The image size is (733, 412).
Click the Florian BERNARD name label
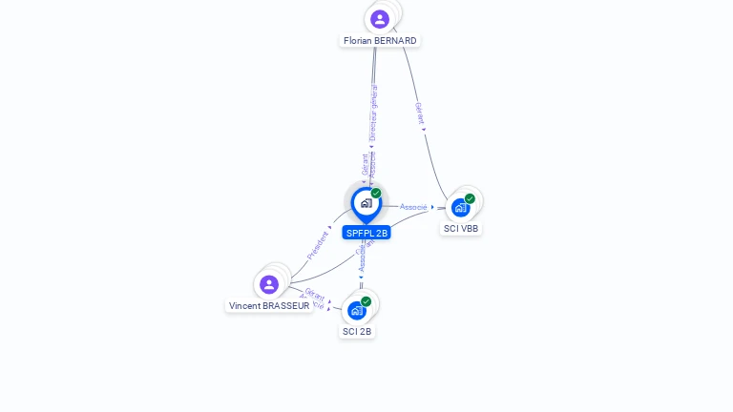pos(380,41)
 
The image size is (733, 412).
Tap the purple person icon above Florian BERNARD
pos(380,19)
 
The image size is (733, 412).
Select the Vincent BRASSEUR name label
pos(269,306)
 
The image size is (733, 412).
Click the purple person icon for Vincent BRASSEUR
pos(269,284)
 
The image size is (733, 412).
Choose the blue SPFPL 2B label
pos(367,233)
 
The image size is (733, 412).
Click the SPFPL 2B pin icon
pos(366,203)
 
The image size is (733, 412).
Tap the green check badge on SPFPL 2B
pos(376,194)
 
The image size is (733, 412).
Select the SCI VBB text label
pos(461,229)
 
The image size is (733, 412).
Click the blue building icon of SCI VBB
pos(460,208)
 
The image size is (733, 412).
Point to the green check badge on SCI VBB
pos(470,198)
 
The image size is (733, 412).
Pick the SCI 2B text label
pos(357,332)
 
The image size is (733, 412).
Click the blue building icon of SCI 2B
pos(356,311)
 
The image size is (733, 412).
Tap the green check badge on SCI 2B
pos(366,301)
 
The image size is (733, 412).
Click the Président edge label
pos(318,245)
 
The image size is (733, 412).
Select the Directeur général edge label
pos(373,112)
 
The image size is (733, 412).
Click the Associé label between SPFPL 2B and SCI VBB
pos(413,207)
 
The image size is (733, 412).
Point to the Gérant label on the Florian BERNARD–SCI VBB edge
pos(419,113)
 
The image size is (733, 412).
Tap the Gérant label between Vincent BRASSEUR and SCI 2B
pos(315,295)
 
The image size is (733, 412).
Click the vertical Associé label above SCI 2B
pos(362,257)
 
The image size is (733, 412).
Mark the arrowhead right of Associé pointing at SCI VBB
pos(432,207)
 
